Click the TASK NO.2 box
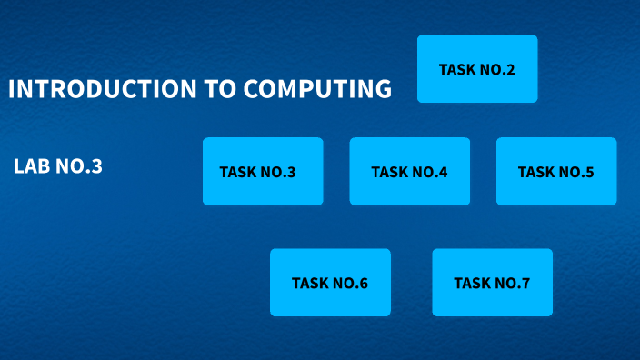pyautogui.click(x=477, y=68)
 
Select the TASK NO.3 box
pyautogui.click(x=263, y=171)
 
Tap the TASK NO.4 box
pyautogui.click(x=410, y=171)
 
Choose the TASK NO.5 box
pyautogui.click(x=556, y=171)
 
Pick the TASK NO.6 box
pyautogui.click(x=330, y=283)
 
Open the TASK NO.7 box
pyautogui.click(x=492, y=283)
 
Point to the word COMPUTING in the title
pyautogui.click(x=317, y=89)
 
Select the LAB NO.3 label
pyautogui.click(x=58, y=166)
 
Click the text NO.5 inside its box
pyautogui.click(x=576, y=172)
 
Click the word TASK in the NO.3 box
pyautogui.click(x=238, y=172)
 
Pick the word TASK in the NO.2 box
pyautogui.click(x=457, y=69)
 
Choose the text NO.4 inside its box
pyautogui.click(x=430, y=172)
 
